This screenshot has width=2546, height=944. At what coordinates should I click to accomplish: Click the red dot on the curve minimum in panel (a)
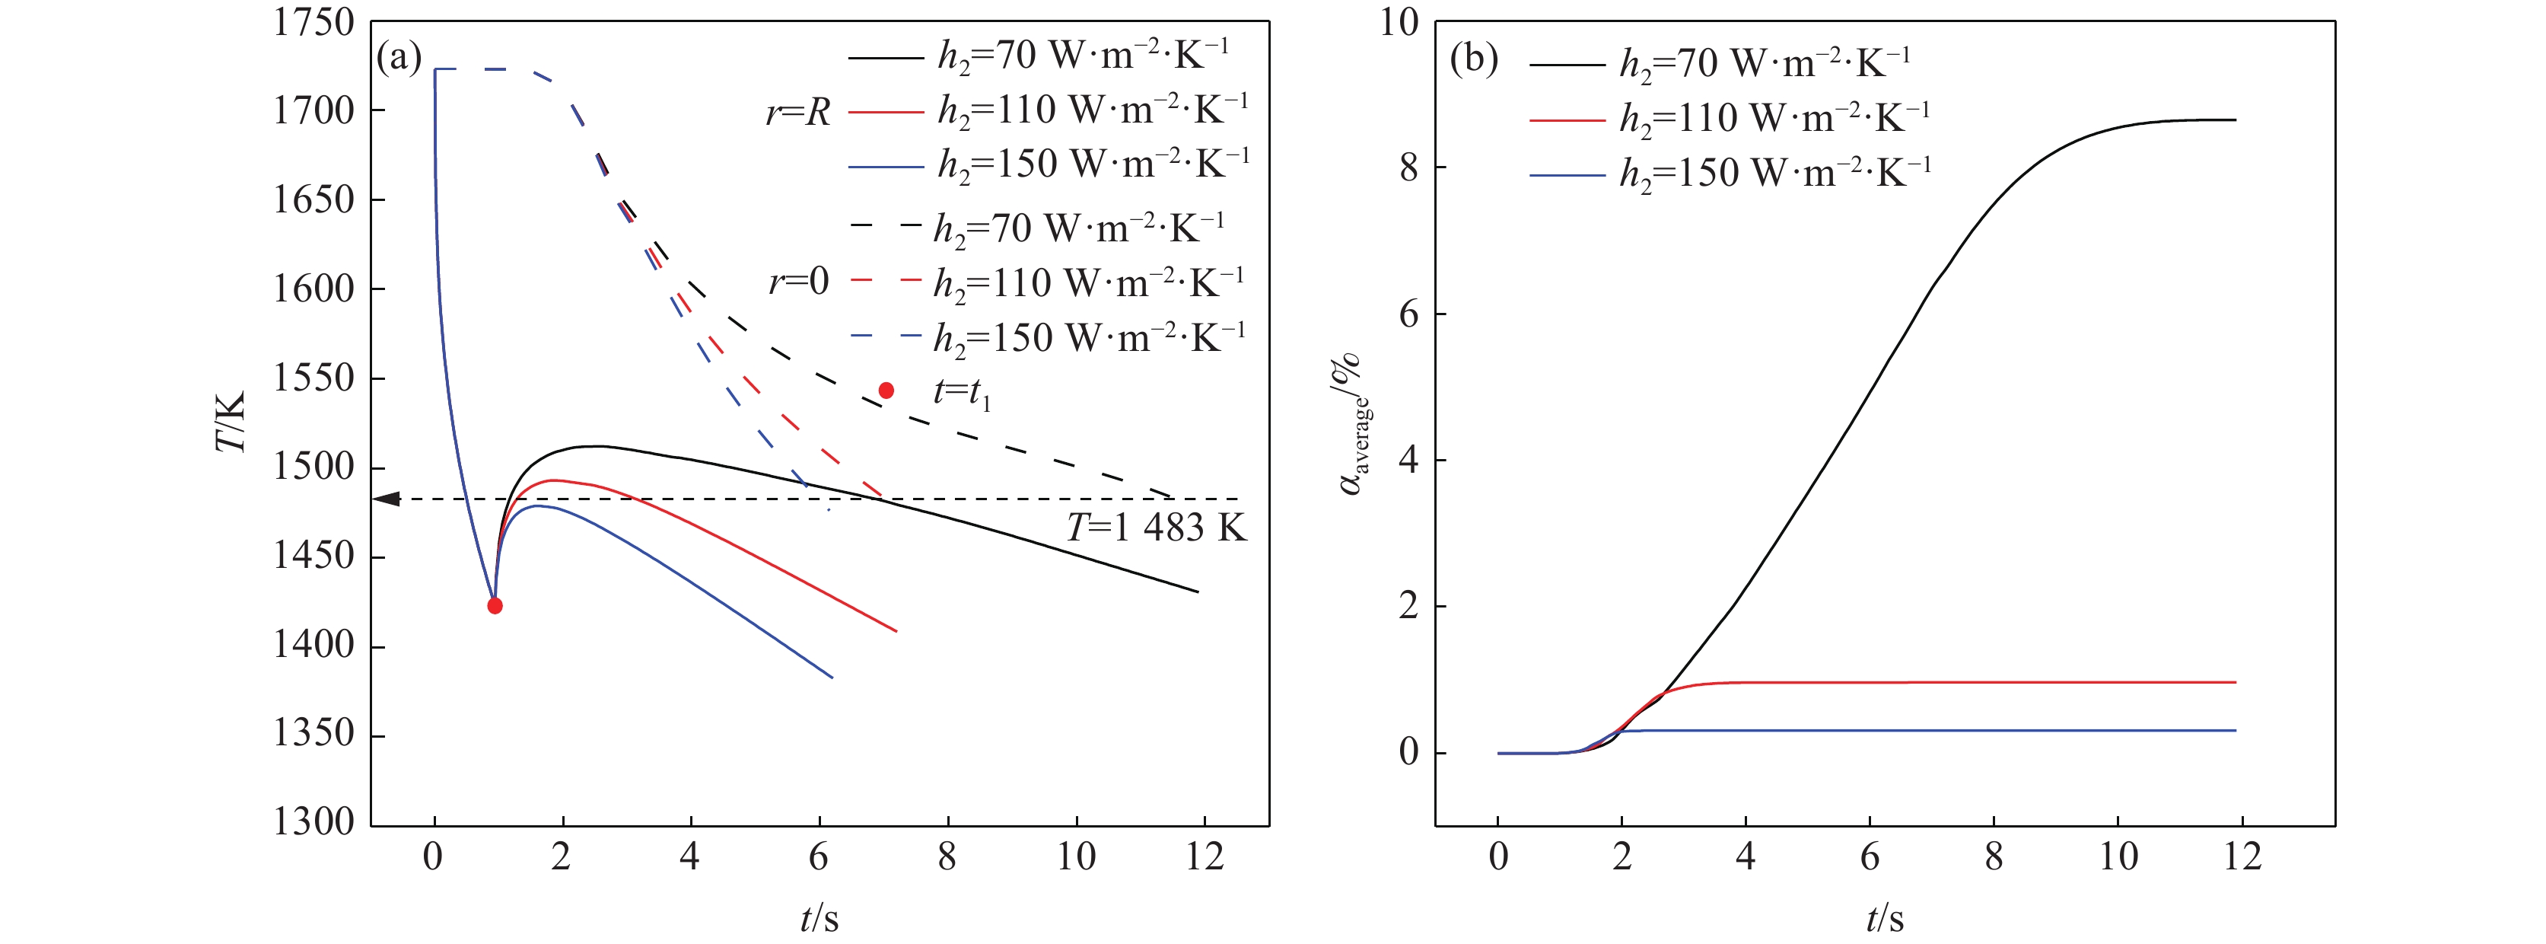[495, 606]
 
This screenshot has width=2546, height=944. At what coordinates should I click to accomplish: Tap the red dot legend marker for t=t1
[886, 391]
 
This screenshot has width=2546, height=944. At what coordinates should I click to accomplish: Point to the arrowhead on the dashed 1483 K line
[387, 499]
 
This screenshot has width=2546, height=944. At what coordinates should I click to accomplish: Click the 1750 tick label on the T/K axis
[313, 23]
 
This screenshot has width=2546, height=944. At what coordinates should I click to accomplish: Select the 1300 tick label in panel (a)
[313, 822]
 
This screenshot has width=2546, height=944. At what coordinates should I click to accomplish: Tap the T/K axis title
[231, 422]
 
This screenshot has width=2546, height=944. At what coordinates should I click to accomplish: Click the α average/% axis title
[1352, 425]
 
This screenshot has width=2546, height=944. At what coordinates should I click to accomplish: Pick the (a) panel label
[399, 59]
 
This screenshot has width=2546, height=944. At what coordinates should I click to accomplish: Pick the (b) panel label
[1472, 59]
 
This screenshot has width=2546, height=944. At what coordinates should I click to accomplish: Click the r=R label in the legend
[797, 113]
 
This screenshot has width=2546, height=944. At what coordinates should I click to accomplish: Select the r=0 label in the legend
[799, 282]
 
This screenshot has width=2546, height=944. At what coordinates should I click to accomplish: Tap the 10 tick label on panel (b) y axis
[1399, 23]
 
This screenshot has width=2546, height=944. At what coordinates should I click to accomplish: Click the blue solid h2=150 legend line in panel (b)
[1567, 176]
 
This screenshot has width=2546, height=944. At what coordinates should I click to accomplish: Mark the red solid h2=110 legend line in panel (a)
[886, 113]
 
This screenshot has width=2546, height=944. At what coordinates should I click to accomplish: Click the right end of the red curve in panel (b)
[2235, 682]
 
